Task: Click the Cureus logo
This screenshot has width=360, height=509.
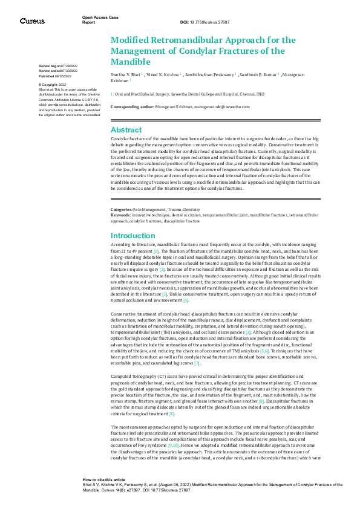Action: tap(32, 21)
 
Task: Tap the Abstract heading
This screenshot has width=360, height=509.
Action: tap(126, 129)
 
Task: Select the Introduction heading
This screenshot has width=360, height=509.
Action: tap(133, 235)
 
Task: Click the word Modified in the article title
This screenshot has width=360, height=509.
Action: tap(132, 40)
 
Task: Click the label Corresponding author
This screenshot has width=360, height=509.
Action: tap(133, 106)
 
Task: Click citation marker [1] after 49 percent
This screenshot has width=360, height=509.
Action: tap(156, 250)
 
